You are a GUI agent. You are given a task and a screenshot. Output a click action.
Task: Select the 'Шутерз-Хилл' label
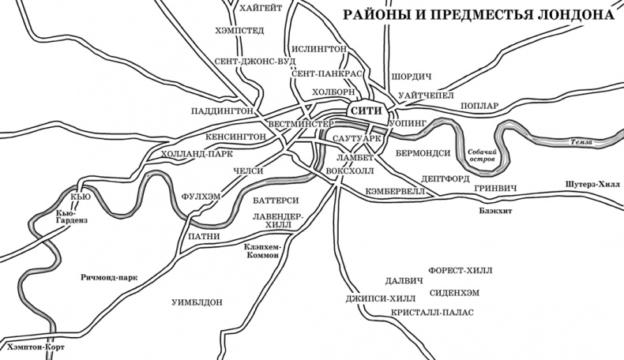[594, 183]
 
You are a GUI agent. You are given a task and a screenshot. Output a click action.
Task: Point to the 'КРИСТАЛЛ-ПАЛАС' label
[431, 313]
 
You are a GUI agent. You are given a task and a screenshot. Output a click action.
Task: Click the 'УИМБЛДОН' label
[197, 302]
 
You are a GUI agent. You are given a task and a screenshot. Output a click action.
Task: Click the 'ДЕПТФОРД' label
[446, 179]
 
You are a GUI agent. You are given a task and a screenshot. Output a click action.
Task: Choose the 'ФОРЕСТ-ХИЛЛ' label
[459, 270]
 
